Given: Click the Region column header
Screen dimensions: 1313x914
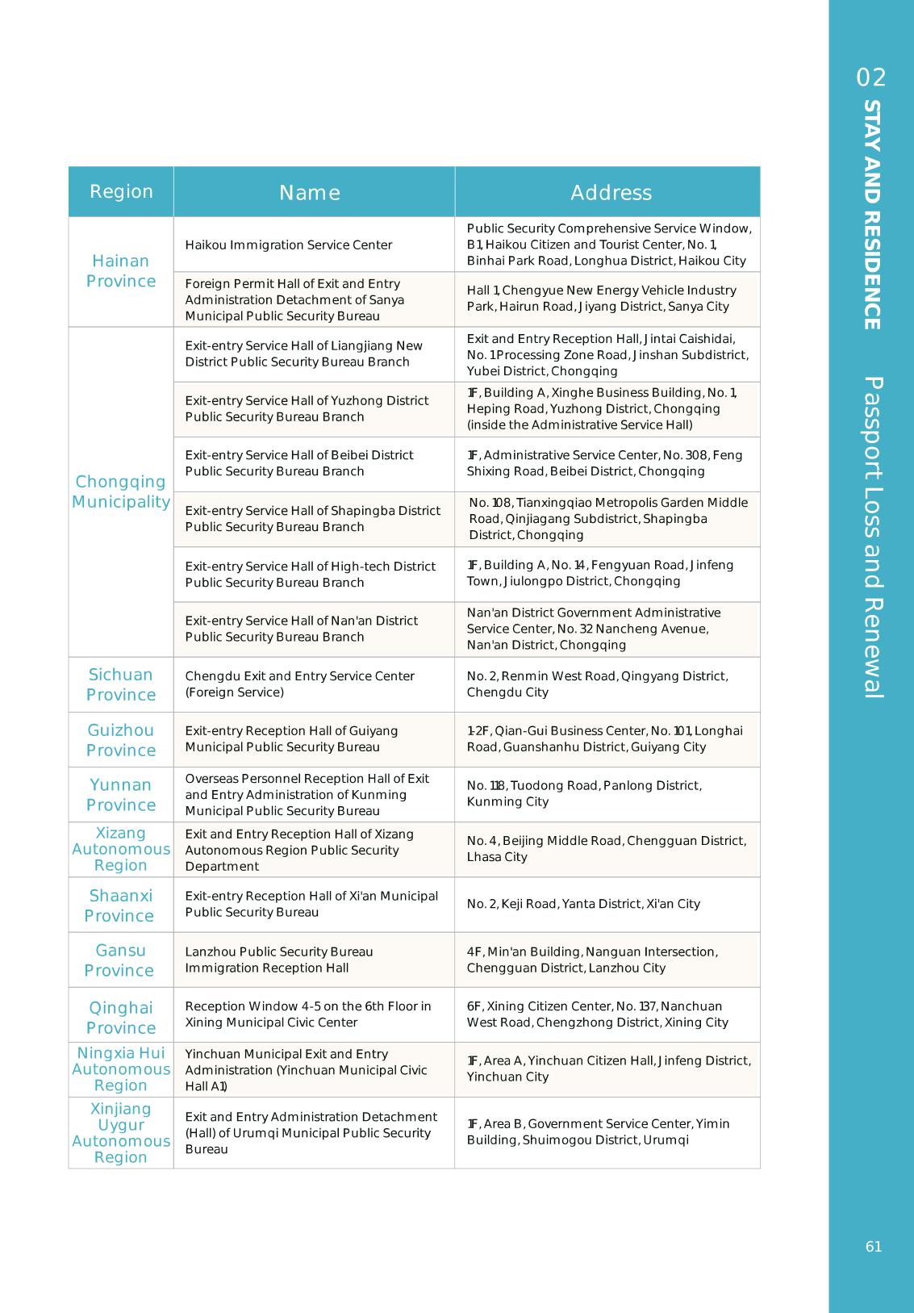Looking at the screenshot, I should (x=121, y=191).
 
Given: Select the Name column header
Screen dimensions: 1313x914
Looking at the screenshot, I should (x=310, y=192).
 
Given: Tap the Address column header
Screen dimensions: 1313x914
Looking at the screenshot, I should (x=611, y=192).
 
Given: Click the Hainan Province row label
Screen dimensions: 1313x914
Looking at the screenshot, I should (x=121, y=271).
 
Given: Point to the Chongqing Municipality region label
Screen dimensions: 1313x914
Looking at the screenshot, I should (x=121, y=491).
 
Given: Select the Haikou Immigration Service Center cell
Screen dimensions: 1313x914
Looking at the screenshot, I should (x=289, y=245).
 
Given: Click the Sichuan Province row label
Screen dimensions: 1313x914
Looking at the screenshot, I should (x=121, y=684).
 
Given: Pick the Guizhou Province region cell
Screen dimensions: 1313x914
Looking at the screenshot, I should (x=121, y=740).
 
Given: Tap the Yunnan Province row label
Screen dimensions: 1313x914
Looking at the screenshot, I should (x=121, y=795).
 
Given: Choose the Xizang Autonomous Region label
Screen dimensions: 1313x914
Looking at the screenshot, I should (x=121, y=849).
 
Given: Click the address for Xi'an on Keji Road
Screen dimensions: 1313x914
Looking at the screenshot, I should (x=583, y=904).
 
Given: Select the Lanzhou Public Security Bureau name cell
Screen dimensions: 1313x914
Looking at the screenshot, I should (x=279, y=960).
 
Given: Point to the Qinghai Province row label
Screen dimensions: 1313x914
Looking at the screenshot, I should (x=121, y=1017).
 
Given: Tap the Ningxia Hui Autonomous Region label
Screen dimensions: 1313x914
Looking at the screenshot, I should (x=121, y=1069).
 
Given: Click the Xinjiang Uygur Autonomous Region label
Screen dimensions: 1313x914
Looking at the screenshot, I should (x=121, y=1133).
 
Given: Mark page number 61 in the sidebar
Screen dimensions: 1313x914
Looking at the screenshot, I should (x=874, y=1247).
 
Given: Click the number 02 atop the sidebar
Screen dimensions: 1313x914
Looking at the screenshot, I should (x=871, y=77).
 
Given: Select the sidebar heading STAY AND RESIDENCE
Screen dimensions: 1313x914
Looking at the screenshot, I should (x=872, y=215).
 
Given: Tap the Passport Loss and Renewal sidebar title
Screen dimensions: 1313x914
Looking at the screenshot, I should (x=872, y=537).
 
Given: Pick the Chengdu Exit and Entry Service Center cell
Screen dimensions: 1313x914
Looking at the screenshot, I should (x=299, y=684).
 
